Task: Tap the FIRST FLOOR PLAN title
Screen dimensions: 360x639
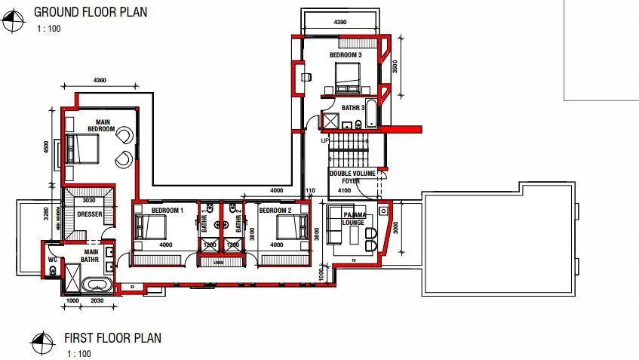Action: (x=112, y=338)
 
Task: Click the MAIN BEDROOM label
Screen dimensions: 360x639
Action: (x=100, y=125)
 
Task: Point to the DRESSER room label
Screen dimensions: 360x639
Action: (x=89, y=214)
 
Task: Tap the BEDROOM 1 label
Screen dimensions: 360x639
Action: (x=167, y=211)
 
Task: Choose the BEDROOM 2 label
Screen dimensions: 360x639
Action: (x=275, y=211)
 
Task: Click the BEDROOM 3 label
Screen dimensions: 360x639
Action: (x=345, y=56)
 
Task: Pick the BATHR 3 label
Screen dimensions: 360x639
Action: (x=352, y=108)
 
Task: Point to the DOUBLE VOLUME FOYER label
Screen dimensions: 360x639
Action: (x=345, y=177)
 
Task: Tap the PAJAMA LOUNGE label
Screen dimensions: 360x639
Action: (x=353, y=219)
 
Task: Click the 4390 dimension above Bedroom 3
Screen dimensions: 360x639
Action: (x=340, y=23)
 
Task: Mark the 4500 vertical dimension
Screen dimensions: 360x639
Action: (x=48, y=146)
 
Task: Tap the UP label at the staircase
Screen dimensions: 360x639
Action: (x=325, y=141)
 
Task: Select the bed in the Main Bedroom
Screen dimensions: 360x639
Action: (x=81, y=148)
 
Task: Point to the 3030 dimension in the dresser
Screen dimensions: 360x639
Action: (x=88, y=201)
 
